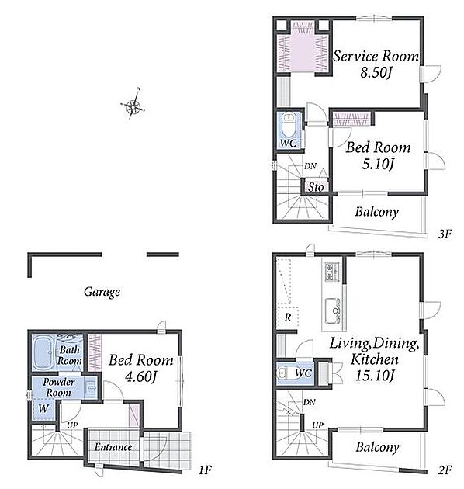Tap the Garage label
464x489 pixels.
pos(102,292)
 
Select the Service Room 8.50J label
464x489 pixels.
pos(376,64)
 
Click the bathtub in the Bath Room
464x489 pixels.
pos(43,352)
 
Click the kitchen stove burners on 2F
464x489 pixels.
pos(332,272)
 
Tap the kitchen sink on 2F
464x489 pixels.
pos(332,311)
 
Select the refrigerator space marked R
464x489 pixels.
pos(287,317)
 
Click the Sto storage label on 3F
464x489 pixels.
pos(316,187)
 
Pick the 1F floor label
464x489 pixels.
pos(206,470)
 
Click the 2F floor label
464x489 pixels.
pos(445,470)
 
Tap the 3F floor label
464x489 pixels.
pos(445,234)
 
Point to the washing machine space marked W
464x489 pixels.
pos(43,409)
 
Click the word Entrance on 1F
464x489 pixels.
pos(113,447)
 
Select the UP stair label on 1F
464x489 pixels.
pos(72,425)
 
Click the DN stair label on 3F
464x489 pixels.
pos(310,166)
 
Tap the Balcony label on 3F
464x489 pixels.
pos(377,212)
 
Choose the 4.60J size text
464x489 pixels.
pos(140,376)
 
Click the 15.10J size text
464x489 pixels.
pos(375,376)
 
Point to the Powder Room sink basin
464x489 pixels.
pos(91,387)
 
